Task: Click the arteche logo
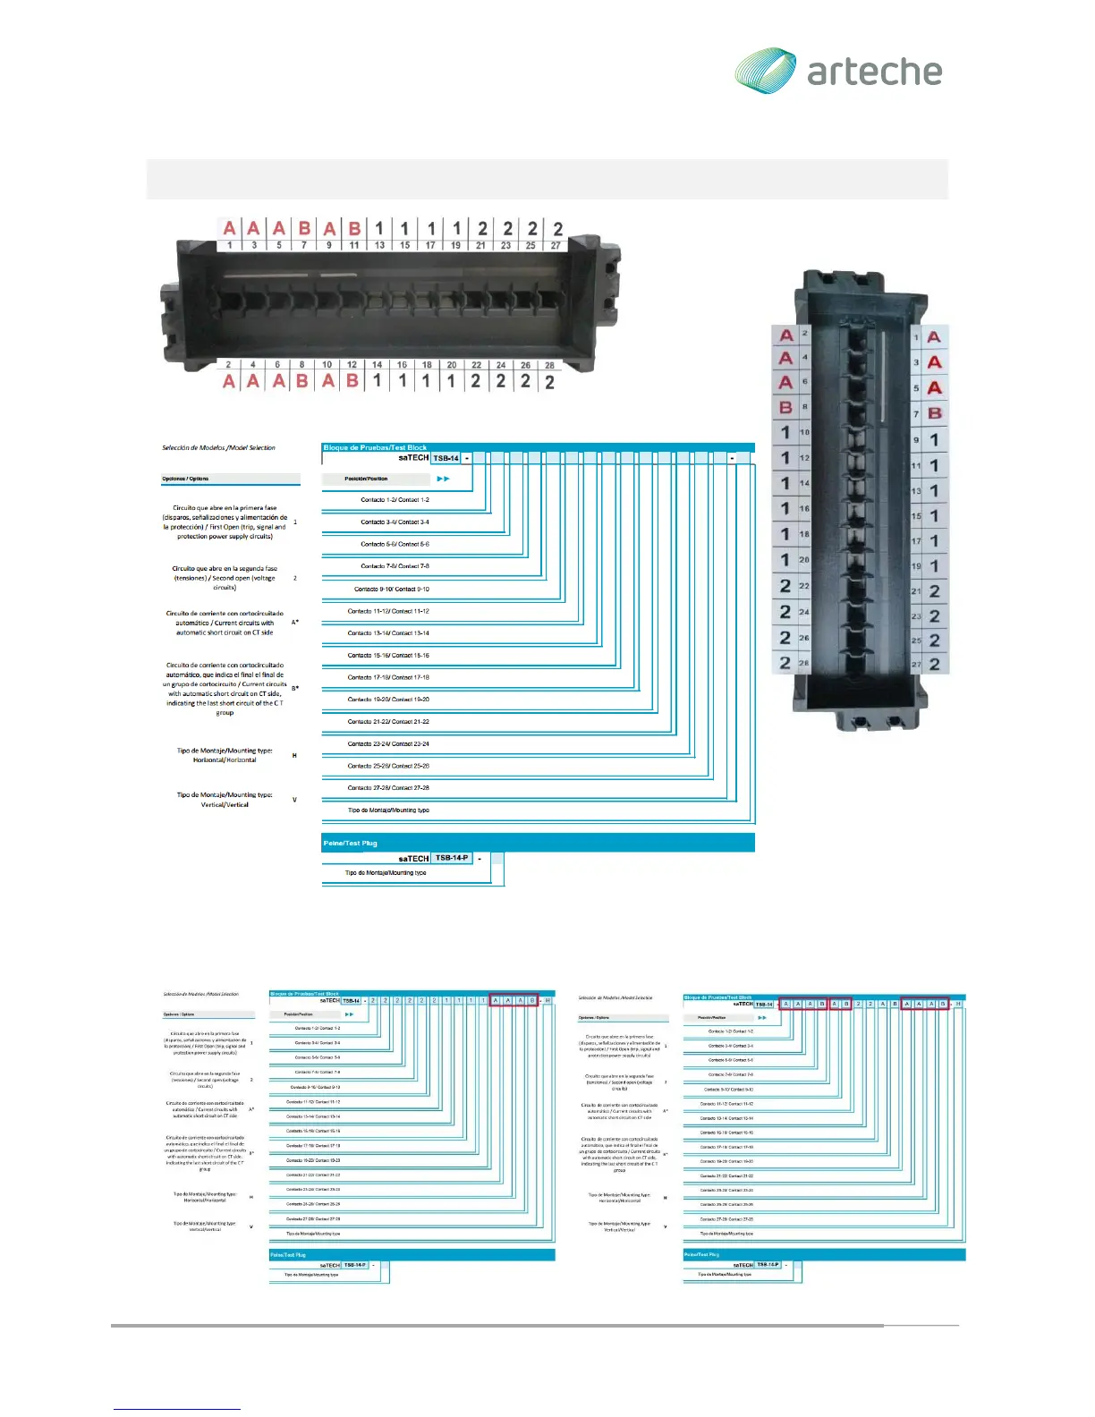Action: (x=838, y=71)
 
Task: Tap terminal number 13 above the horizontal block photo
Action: (x=379, y=245)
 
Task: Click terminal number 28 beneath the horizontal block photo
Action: (x=549, y=365)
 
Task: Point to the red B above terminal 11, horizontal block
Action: (x=354, y=229)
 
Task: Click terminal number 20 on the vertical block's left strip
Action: (x=803, y=560)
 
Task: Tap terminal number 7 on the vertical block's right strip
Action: (x=916, y=414)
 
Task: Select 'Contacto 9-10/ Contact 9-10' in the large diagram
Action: (x=391, y=590)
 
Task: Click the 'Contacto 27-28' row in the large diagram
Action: (x=388, y=788)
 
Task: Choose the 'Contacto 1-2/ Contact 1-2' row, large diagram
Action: (x=395, y=500)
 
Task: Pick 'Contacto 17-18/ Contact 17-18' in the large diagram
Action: (x=388, y=677)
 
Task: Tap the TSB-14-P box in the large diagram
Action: (x=451, y=858)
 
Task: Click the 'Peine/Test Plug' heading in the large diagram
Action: (x=350, y=843)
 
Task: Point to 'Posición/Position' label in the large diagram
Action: (x=366, y=479)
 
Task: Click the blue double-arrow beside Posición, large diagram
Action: (x=443, y=479)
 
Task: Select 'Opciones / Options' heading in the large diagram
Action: (x=185, y=479)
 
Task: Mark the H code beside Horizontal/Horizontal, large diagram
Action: (x=294, y=756)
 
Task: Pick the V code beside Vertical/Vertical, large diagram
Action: (x=294, y=800)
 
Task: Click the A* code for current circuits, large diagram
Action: (x=295, y=623)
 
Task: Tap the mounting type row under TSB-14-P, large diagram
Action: (x=386, y=873)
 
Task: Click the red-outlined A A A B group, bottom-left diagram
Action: (x=514, y=1000)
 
